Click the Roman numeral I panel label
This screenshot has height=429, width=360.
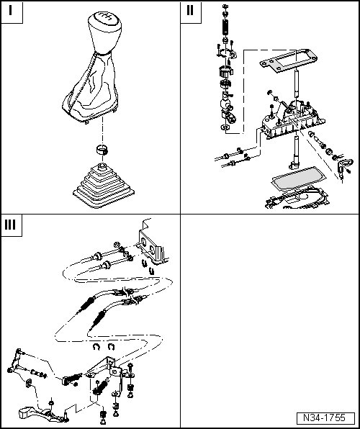click(x=11, y=11)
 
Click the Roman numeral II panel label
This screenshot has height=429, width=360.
click(x=189, y=10)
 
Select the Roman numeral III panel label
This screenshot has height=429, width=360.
click(x=10, y=225)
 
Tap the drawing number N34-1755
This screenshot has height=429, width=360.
click(x=325, y=417)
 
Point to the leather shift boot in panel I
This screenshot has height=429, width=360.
click(x=90, y=88)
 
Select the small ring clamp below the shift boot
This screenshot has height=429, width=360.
click(x=102, y=150)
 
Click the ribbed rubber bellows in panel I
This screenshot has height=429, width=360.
click(x=104, y=186)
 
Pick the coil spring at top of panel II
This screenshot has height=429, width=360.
click(x=225, y=27)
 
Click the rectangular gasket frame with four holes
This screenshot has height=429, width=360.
click(x=289, y=60)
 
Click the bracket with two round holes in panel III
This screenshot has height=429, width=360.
click(x=151, y=248)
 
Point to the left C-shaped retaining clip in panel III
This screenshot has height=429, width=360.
click(x=96, y=347)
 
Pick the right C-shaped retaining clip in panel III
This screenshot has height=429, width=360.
click(x=111, y=347)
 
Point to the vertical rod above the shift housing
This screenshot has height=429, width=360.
click(x=297, y=83)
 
